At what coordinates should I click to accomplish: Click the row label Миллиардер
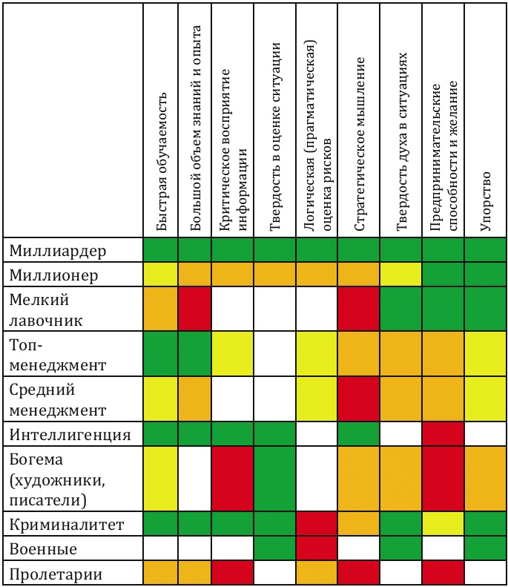(58, 251)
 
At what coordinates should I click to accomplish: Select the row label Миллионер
(53, 276)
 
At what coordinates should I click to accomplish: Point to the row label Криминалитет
(66, 526)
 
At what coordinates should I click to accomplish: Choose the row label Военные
(43, 551)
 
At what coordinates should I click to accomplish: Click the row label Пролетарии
(56, 575)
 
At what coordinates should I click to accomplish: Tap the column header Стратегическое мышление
(359, 145)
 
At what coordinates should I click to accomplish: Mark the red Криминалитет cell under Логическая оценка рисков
(317, 526)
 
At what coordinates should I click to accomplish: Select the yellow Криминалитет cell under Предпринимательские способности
(443, 526)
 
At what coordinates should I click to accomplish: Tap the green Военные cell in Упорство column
(486, 551)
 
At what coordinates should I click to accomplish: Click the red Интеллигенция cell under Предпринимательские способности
(443, 434)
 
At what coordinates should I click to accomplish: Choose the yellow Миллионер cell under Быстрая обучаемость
(162, 276)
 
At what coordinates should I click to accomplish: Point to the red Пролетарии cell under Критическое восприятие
(232, 575)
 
